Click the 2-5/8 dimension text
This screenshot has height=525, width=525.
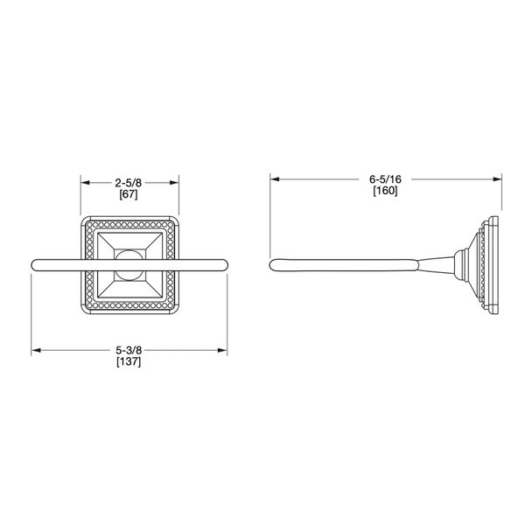(130, 183)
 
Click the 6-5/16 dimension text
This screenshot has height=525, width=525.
(385, 178)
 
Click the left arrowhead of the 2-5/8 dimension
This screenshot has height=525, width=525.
(85, 184)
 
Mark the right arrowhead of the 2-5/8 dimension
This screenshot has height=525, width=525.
(176, 184)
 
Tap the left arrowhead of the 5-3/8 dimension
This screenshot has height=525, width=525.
(35, 352)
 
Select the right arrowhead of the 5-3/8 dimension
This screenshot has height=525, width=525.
(226, 352)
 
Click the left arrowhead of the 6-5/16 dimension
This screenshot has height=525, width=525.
(274, 179)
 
